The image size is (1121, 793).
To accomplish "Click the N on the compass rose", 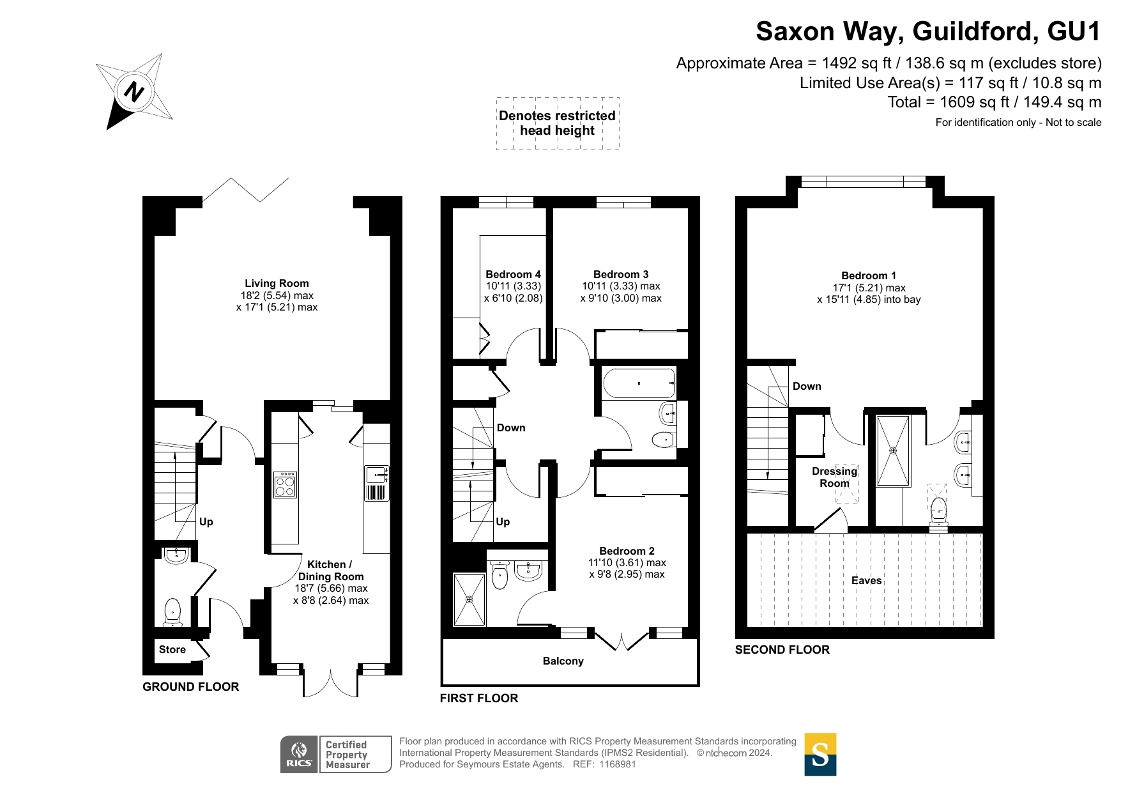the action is tap(133, 92).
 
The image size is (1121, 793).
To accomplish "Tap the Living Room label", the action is tap(277, 283).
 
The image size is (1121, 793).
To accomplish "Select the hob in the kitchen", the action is tap(285, 484).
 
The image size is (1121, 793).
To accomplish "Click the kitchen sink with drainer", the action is tap(377, 483).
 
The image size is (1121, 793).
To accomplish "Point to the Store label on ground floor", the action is tap(172, 649).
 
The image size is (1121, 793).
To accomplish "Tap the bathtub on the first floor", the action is tap(639, 383).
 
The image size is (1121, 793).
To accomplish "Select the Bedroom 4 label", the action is tap(513, 274).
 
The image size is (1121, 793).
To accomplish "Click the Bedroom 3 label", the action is tap(621, 274).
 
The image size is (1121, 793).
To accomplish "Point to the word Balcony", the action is tap(563, 661).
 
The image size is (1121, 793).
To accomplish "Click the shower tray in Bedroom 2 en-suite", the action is tap(469, 599).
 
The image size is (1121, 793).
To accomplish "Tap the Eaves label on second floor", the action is tap(866, 580).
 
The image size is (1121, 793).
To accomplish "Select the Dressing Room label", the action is tap(834, 477).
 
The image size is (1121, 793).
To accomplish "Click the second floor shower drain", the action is tap(893, 450).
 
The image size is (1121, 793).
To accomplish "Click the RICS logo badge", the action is tap(299, 754).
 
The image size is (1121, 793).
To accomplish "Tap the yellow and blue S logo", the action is tap(820, 755).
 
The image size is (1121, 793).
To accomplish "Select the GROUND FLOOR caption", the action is tap(191, 687).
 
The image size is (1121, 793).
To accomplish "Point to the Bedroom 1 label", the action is tap(869, 275).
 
